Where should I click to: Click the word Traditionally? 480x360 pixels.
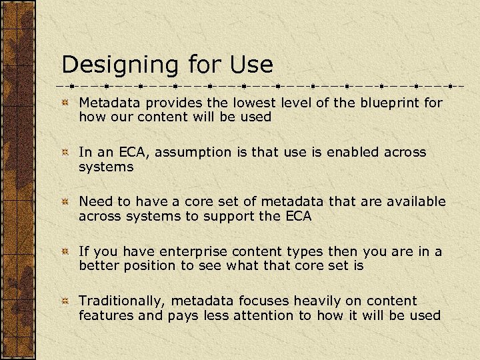(120, 301)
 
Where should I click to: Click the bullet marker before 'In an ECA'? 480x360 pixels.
(65, 153)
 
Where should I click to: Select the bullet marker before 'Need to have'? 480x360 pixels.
(65, 202)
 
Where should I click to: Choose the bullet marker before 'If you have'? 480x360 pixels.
(65, 252)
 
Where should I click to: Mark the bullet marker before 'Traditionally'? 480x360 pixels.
(65, 301)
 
